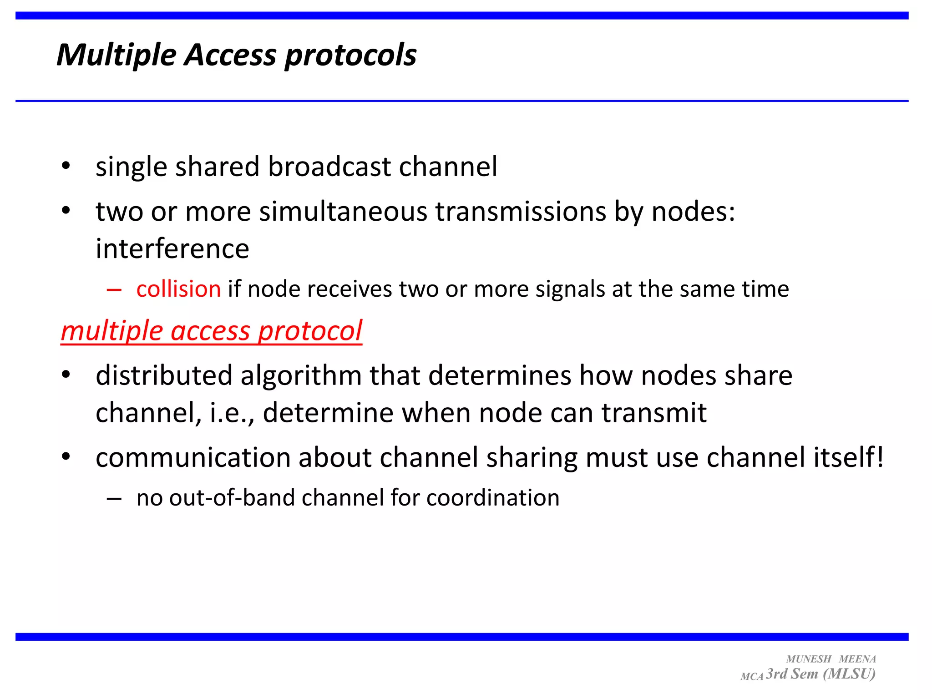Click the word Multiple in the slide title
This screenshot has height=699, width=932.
(x=116, y=55)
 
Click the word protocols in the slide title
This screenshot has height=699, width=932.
(x=350, y=55)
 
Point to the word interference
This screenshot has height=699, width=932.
(x=172, y=249)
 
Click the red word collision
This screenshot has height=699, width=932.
(x=178, y=289)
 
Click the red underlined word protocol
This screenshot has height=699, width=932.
(x=310, y=331)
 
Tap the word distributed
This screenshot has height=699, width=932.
(x=164, y=376)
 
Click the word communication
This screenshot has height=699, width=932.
(x=193, y=457)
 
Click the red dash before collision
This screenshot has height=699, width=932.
(x=114, y=290)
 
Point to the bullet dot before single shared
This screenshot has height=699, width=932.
(x=66, y=166)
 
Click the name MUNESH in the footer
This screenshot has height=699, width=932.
(x=808, y=659)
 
